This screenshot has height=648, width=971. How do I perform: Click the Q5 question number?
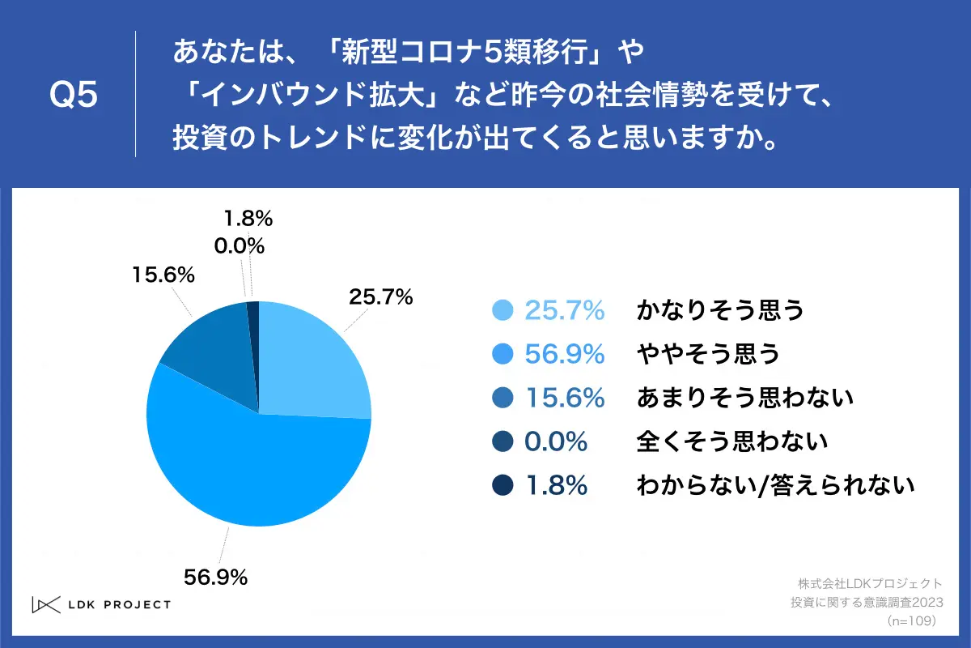(74, 96)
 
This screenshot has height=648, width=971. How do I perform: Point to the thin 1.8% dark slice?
(253, 324)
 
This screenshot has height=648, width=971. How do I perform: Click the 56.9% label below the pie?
(215, 577)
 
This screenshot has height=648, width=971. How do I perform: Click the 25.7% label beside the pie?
(380, 297)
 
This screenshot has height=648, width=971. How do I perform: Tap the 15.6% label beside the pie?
(163, 275)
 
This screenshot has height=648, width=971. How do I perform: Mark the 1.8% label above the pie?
(246, 218)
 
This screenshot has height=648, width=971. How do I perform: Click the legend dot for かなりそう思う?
(502, 310)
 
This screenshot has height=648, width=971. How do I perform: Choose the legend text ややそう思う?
(708, 354)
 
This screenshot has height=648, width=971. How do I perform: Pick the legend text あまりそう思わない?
(745, 398)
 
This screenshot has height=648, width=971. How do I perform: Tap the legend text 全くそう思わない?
(732, 441)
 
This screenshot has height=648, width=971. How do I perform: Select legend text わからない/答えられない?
(775, 485)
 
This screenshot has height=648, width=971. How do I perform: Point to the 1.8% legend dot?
(502, 485)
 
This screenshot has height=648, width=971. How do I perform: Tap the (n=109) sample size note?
(911, 620)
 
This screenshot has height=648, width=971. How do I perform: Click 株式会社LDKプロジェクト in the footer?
(869, 583)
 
